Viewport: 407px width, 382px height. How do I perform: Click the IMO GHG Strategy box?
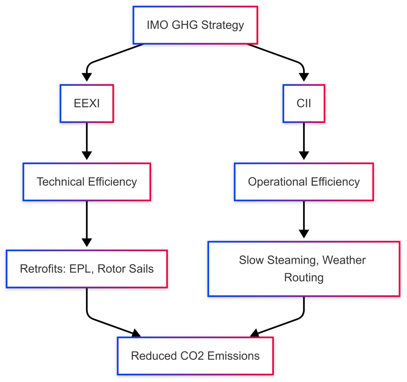click(195, 25)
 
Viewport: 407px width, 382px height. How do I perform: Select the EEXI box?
click(87, 104)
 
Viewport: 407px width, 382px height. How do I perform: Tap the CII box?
click(304, 104)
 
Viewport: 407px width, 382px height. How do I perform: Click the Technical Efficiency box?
click(87, 182)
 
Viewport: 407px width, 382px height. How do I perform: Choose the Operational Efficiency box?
click(304, 182)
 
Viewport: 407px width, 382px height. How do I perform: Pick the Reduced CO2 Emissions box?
click(195, 356)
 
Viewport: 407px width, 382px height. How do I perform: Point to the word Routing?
click(304, 278)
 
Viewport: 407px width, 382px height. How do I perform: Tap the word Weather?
click(344, 260)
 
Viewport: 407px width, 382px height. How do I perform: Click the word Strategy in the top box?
click(222, 25)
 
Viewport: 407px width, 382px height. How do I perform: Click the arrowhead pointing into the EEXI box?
click(87, 77)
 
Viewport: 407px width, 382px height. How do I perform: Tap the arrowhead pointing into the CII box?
click(304, 77)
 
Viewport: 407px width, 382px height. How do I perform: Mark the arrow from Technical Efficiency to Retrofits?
click(87, 223)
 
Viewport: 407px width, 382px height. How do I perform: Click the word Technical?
click(61, 182)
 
